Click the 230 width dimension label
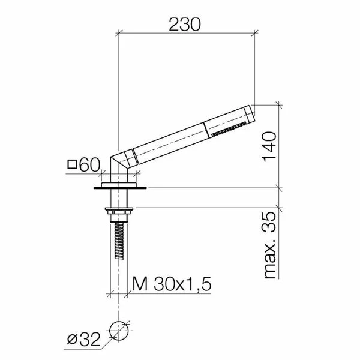click(185, 25)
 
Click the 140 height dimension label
click(269, 147)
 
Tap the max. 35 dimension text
click(270, 245)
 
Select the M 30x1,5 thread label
click(172, 284)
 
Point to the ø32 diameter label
click(84, 340)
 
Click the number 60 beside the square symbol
click(90, 165)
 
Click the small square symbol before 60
click(72, 164)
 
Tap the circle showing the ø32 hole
click(119, 331)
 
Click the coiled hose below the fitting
click(119, 241)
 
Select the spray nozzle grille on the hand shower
click(229, 130)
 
